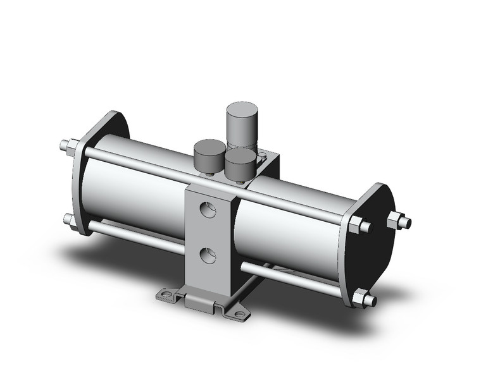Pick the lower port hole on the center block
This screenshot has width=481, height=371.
point(206,255)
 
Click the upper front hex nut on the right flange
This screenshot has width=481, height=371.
point(355,226)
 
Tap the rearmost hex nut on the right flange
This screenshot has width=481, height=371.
point(399,221)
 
